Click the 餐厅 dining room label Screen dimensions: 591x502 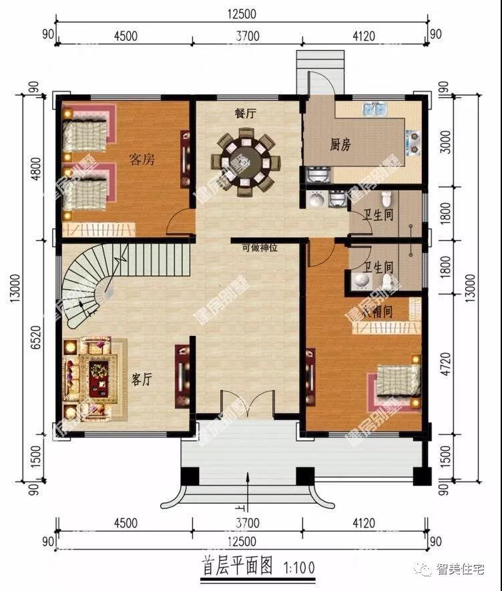[x=245, y=114]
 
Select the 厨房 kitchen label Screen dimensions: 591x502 [x=340, y=144]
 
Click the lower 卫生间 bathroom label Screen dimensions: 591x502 [x=378, y=267]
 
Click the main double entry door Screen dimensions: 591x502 [x=246, y=404]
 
